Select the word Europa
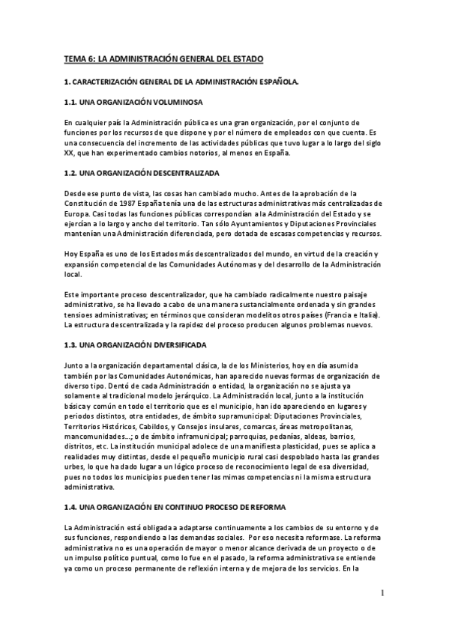(76, 213)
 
